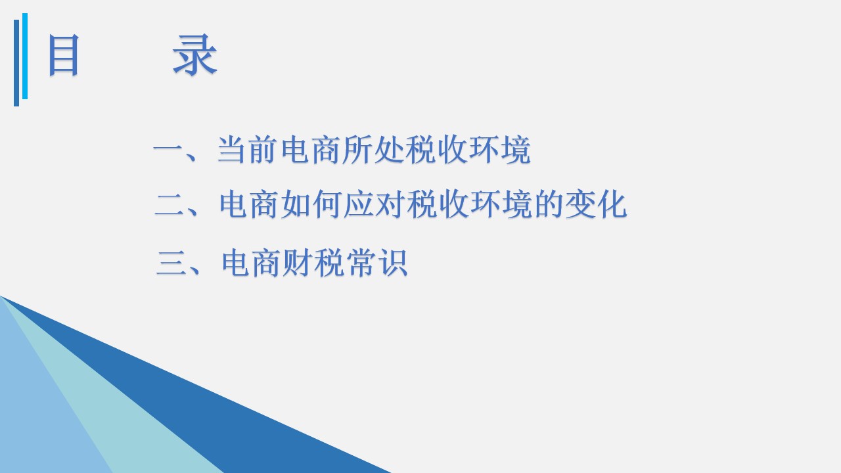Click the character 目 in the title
(x=64, y=55)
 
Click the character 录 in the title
(x=195, y=55)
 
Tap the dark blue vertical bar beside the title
(x=16, y=62)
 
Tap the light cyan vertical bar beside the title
(x=25, y=56)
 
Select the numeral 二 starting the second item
(x=170, y=205)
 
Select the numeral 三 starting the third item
(x=171, y=263)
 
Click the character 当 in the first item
(x=232, y=149)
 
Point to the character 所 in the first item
(x=357, y=149)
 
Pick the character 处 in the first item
(x=388, y=149)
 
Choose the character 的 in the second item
(x=548, y=204)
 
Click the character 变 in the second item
(x=580, y=204)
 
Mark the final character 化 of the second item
(x=611, y=204)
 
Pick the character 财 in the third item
(x=298, y=262)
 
